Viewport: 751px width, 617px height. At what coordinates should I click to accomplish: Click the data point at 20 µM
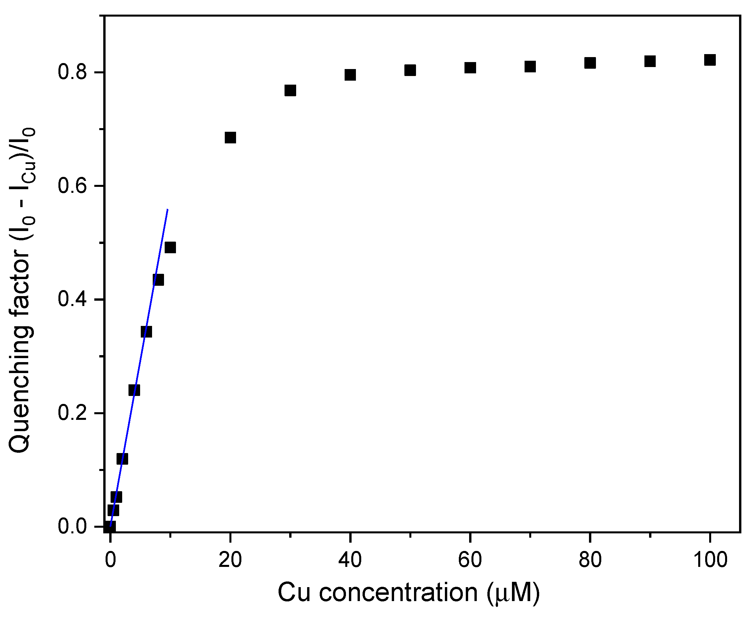230,137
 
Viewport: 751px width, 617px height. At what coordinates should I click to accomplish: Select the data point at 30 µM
290,91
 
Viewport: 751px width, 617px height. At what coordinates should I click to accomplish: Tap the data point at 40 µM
350,75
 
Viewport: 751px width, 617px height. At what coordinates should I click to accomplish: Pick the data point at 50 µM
410,70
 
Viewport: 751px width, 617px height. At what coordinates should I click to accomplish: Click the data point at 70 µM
530,66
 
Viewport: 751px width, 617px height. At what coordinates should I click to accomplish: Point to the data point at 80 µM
590,63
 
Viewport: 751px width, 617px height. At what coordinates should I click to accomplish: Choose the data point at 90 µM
650,61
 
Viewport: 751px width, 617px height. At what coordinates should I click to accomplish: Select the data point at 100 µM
710,60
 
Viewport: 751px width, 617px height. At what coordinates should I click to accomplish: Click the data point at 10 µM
170,247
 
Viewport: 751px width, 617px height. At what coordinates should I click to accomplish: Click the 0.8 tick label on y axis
72,72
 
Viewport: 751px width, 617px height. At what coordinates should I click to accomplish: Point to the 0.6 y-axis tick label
72,186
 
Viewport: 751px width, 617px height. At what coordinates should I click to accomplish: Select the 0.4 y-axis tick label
72,300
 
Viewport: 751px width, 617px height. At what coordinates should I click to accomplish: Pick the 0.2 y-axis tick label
72,413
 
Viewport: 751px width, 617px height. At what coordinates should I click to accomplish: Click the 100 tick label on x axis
710,560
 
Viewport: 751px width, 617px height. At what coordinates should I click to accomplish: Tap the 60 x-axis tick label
470,560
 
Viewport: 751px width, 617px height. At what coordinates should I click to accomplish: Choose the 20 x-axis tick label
230,560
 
